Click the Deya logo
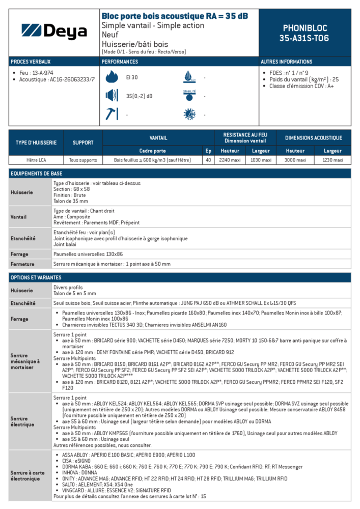coord(54,32)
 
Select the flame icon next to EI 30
coord(111,77)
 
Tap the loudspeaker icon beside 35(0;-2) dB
coord(111,96)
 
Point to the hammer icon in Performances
coord(111,114)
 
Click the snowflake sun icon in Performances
coord(189,114)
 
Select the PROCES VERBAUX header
coord(31,62)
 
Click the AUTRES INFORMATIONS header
coord(287,62)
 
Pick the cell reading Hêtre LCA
coord(36,160)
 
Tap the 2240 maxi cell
coord(230,160)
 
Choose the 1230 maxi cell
coord(333,160)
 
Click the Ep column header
coord(208,151)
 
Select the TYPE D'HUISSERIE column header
coord(36,143)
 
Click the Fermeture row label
coord(23,264)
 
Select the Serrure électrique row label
coord(22,421)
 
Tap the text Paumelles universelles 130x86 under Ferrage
coord(88,254)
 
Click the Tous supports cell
coord(83,160)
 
